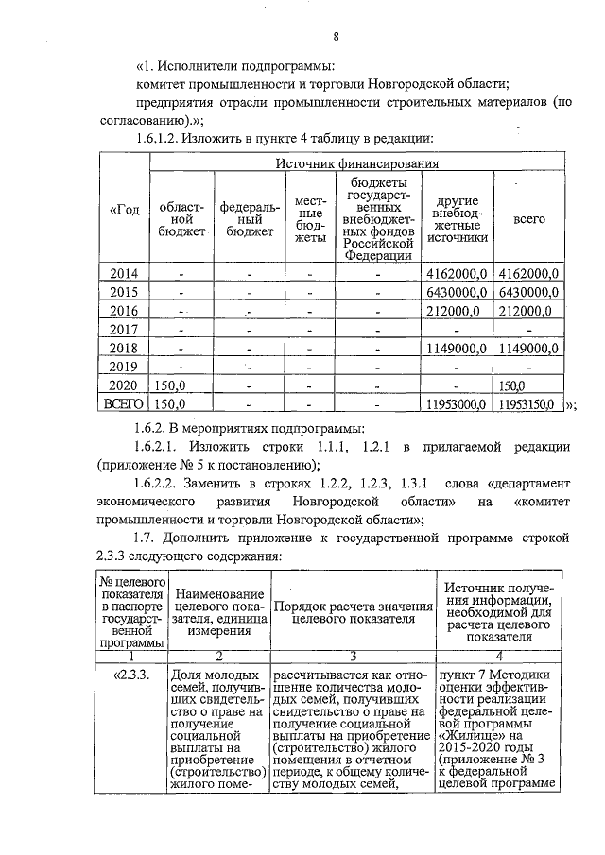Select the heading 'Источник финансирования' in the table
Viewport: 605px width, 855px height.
pyautogui.click(x=356, y=163)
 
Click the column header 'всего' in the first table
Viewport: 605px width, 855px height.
pyautogui.click(x=528, y=218)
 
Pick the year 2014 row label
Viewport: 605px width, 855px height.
pyautogui.click(x=124, y=274)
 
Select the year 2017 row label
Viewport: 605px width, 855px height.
pyautogui.click(x=124, y=330)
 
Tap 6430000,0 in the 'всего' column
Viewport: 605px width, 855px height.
pyautogui.click(x=528, y=292)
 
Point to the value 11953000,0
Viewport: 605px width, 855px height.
pyautogui.click(x=453, y=404)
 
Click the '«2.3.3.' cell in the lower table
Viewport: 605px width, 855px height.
pyautogui.click(x=131, y=675)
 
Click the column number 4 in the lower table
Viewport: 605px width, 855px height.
pyautogui.click(x=498, y=656)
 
